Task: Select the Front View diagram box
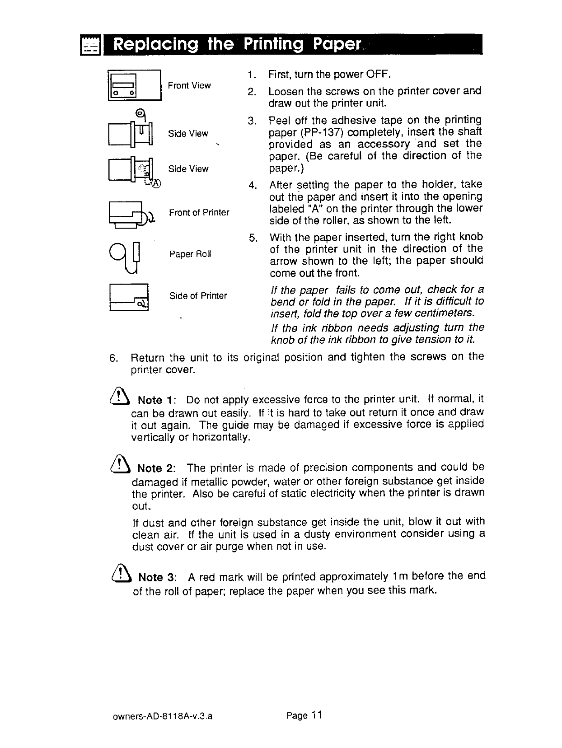[x=134, y=84]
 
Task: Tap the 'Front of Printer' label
[x=199, y=212]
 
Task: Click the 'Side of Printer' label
[x=198, y=296]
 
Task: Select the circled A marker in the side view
[x=155, y=183]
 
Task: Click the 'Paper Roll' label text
[x=190, y=254]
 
